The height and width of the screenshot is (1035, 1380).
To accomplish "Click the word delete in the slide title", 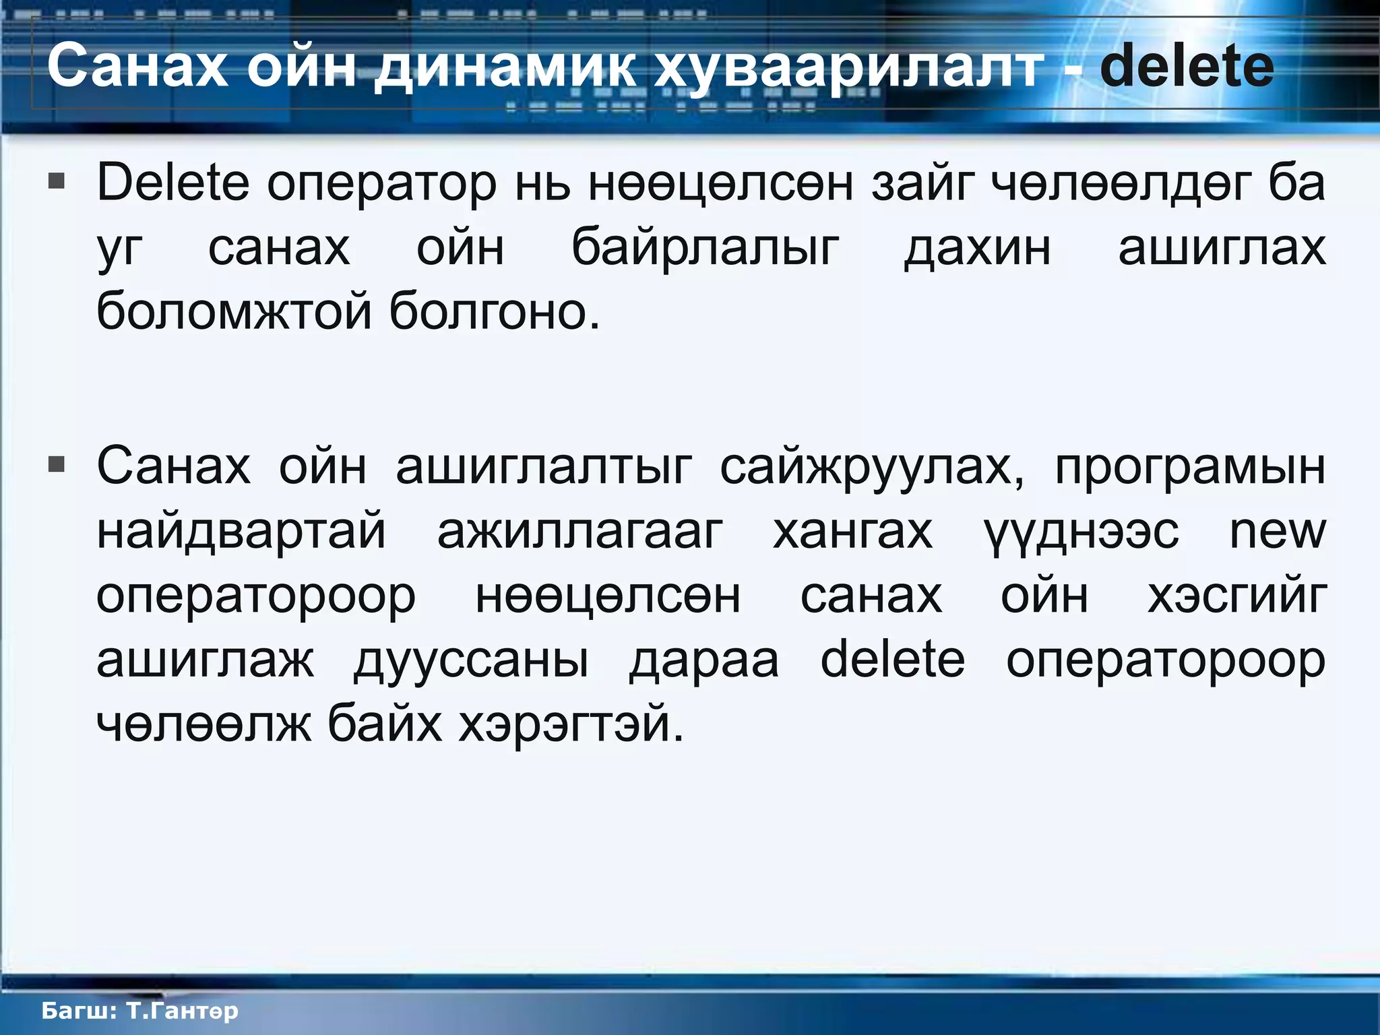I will point(1187,65).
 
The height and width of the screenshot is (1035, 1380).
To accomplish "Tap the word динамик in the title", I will point(505,67).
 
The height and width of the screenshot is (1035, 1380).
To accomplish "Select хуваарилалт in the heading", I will point(849,68).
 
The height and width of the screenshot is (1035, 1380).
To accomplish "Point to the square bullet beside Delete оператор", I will point(57,181).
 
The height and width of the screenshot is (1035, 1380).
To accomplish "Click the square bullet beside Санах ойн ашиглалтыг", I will point(57,464).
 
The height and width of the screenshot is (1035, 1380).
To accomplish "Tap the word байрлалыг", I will point(705,248).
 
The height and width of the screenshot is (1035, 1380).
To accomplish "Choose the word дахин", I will point(977,248).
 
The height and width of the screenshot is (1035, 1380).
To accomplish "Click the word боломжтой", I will point(234,312).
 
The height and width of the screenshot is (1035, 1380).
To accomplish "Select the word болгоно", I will point(494,312).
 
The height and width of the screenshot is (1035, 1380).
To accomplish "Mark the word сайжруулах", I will point(872,466).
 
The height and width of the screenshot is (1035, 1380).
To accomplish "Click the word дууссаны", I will point(471,660).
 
